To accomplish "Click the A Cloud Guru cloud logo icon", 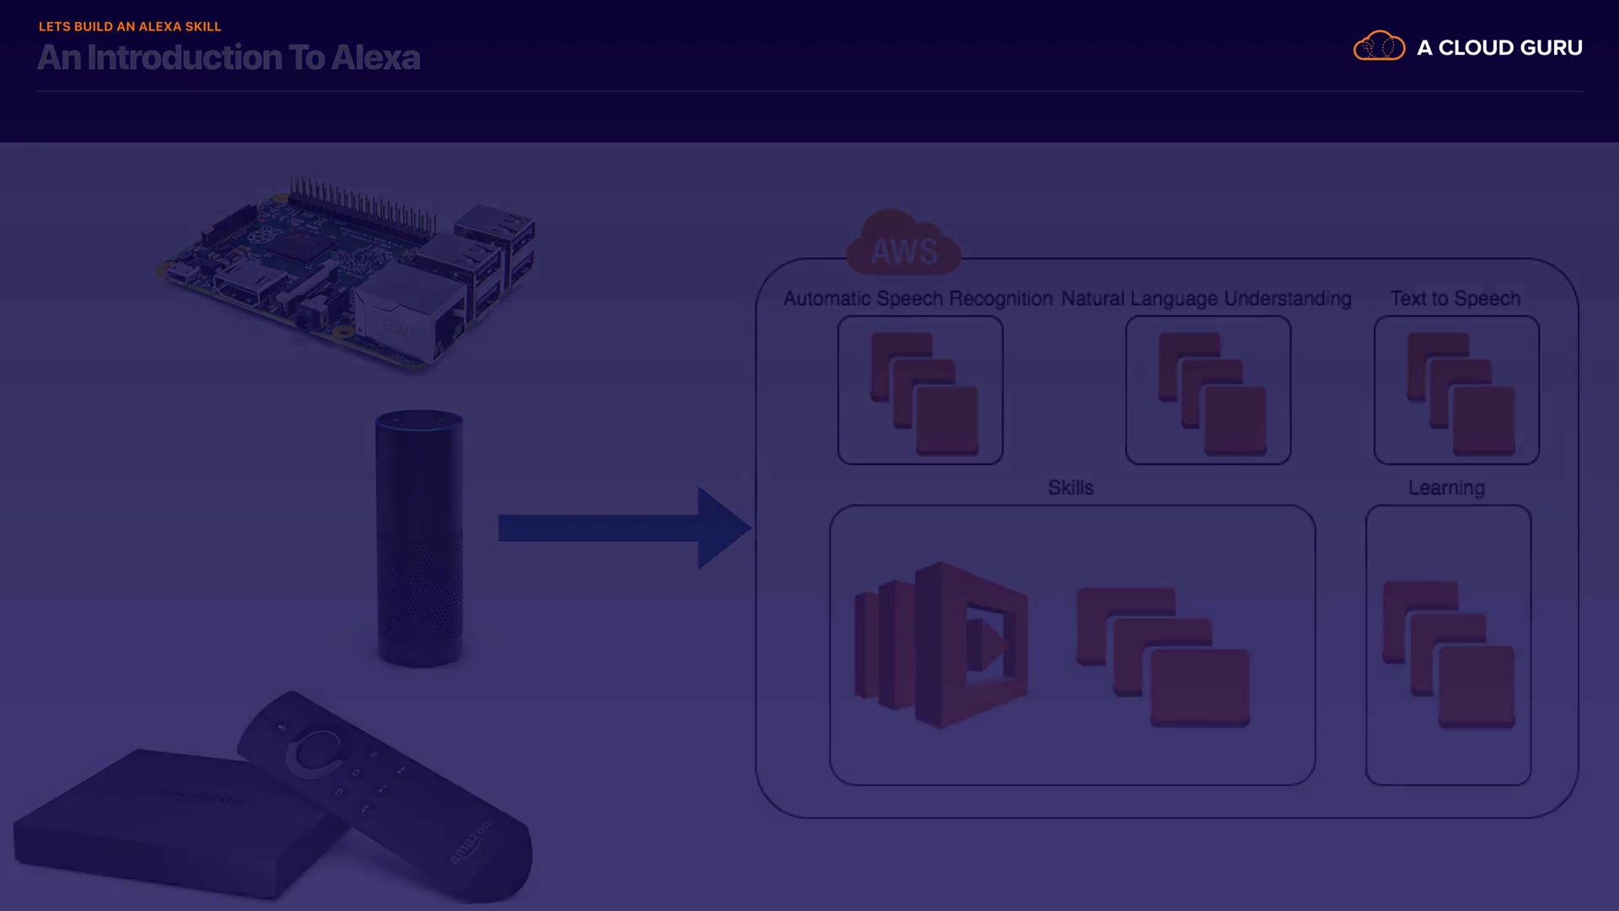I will pyautogui.click(x=1379, y=46).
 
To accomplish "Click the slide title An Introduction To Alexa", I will pyautogui.click(x=229, y=57).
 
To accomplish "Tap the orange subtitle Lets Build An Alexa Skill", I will pyautogui.click(x=130, y=26).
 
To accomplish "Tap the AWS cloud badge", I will pyautogui.click(x=903, y=245).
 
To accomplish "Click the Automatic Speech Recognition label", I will pyautogui.click(x=917, y=299).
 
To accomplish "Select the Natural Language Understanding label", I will pyautogui.click(x=1206, y=299).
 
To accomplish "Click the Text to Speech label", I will pyautogui.click(x=1455, y=299).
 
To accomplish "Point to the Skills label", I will pyautogui.click(x=1070, y=488).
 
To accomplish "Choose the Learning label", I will pyautogui.click(x=1446, y=488).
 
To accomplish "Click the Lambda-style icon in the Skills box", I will pyautogui.click(x=941, y=645).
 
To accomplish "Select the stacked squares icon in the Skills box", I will pyautogui.click(x=1164, y=656).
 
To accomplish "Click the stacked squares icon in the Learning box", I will pyautogui.click(x=1449, y=654).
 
